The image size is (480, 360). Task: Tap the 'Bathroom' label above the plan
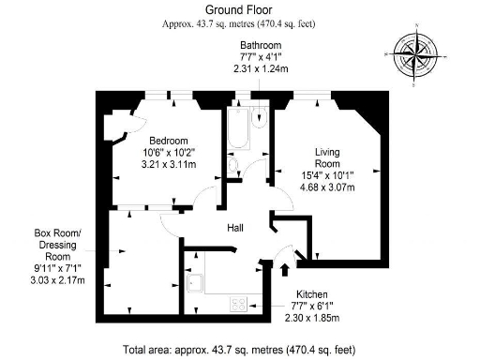[x=260, y=44]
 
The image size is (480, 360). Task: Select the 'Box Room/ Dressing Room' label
[x=57, y=247]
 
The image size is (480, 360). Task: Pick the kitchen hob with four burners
[x=238, y=303]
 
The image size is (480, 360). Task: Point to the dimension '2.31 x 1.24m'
[x=260, y=68]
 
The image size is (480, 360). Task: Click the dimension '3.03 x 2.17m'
[x=57, y=279]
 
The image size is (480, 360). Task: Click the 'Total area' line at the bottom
[x=239, y=350]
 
